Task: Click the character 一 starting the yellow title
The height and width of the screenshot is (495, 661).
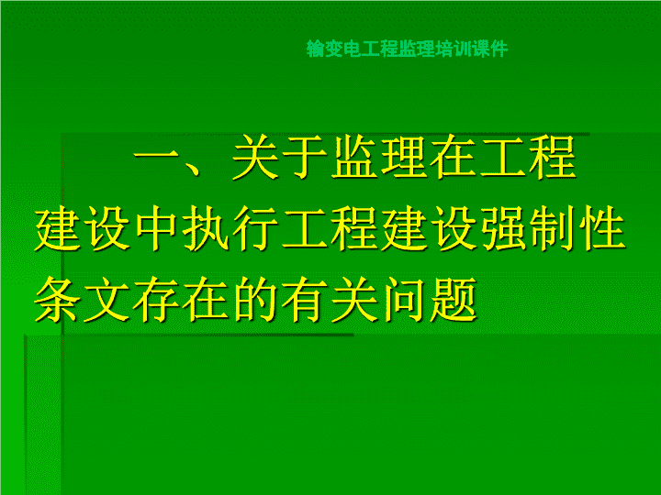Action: click(156, 157)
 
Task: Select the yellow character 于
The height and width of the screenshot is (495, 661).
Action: click(305, 157)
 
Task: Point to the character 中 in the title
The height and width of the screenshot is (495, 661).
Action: click(156, 228)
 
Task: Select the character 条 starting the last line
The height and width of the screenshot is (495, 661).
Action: click(57, 300)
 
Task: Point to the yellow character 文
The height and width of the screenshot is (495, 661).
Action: click(106, 300)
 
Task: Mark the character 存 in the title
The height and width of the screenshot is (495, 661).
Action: click(156, 300)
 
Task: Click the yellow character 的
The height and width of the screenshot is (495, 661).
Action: click(256, 300)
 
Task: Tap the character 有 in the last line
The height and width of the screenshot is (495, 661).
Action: click(305, 300)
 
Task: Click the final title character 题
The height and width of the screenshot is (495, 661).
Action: click(454, 300)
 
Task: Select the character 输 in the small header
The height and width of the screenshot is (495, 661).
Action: click(315, 49)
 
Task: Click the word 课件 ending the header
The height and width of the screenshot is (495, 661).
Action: click(490, 49)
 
